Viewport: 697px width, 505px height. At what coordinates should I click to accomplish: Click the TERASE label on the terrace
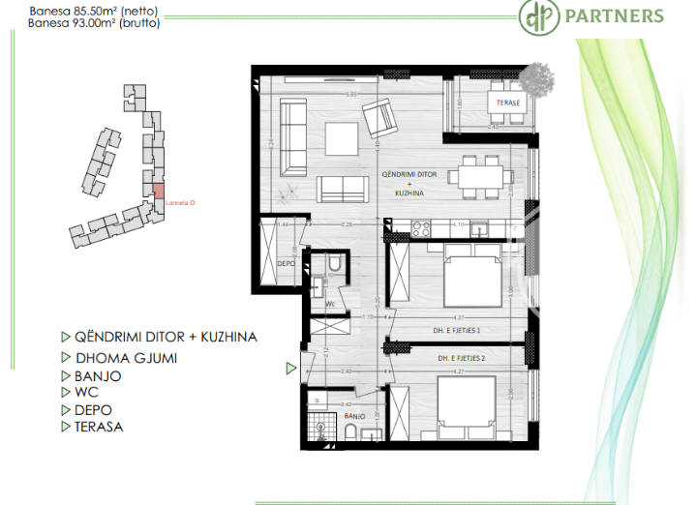tap(509, 103)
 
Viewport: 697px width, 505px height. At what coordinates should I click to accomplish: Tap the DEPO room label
tap(286, 262)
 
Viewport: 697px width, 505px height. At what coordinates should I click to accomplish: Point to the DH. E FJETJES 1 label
tap(458, 329)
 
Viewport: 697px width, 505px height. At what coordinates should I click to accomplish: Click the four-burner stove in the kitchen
tap(422, 229)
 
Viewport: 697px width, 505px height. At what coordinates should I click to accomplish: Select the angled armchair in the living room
tap(380, 120)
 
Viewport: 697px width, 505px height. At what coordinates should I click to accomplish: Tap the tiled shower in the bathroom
tap(318, 427)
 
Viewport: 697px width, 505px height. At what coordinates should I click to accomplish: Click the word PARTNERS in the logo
tap(627, 16)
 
